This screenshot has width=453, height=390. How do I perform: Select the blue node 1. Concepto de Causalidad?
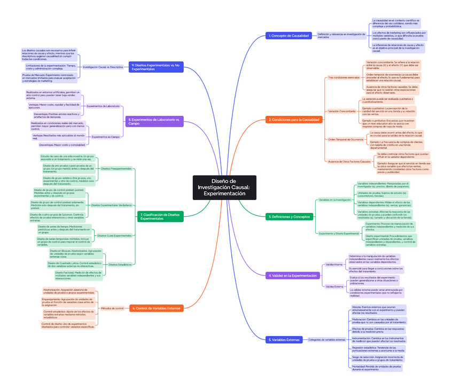[289, 36]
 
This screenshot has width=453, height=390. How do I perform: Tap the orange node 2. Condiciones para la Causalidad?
[294, 120]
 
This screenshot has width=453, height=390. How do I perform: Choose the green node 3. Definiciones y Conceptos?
[289, 217]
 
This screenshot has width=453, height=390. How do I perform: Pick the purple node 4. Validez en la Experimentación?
[293, 275]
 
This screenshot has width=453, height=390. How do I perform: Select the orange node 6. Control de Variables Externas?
[157, 308]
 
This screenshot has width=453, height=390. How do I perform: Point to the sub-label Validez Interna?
[334, 264]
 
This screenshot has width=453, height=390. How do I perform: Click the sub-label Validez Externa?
[334, 286]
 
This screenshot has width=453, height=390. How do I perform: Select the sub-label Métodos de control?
[112, 308]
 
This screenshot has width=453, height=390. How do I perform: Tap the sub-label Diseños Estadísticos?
[120, 264]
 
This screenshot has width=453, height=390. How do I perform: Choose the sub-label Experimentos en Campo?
[106, 137]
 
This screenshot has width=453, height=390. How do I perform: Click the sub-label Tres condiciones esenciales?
[343, 77]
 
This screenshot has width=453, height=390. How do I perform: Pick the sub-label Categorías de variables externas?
[327, 339]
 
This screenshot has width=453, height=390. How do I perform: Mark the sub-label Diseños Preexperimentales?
[116, 169]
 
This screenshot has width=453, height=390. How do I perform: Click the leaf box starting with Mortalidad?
[376, 368]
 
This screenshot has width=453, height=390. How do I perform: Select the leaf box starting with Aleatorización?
[69, 291]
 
